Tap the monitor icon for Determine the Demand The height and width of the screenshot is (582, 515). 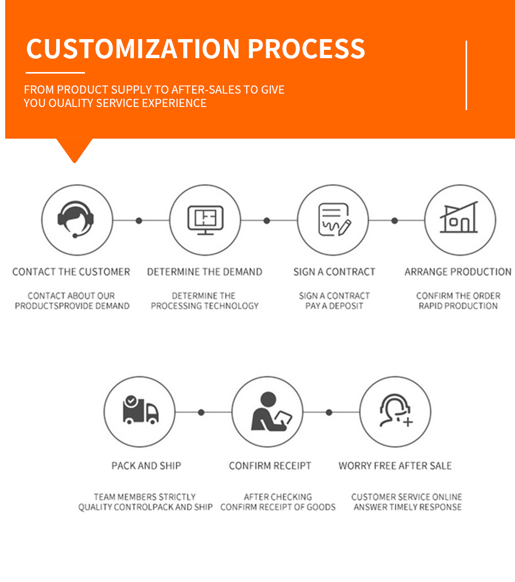tap(205, 220)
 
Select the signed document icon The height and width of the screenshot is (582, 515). tap(334, 219)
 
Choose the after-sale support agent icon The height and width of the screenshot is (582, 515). tap(396, 411)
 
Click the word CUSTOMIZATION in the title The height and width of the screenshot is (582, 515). tap(133, 48)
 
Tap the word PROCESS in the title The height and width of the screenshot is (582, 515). tap(306, 48)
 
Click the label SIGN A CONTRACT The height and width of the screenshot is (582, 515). tap(334, 272)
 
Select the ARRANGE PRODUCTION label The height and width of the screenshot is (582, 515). tap(458, 272)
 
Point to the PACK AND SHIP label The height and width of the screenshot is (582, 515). tap(146, 466)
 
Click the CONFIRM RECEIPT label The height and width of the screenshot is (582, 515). tap(270, 466)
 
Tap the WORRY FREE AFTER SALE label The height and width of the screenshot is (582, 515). tap(395, 466)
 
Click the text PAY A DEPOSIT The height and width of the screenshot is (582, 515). tap(334, 306)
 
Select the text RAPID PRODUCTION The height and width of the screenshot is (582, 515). tap(458, 306)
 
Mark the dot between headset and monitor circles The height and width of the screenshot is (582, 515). tap(139, 220)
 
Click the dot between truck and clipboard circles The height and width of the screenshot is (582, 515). tap(201, 412)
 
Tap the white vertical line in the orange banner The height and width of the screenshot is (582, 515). tap(466, 75)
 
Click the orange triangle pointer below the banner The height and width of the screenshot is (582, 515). tap(74, 149)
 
